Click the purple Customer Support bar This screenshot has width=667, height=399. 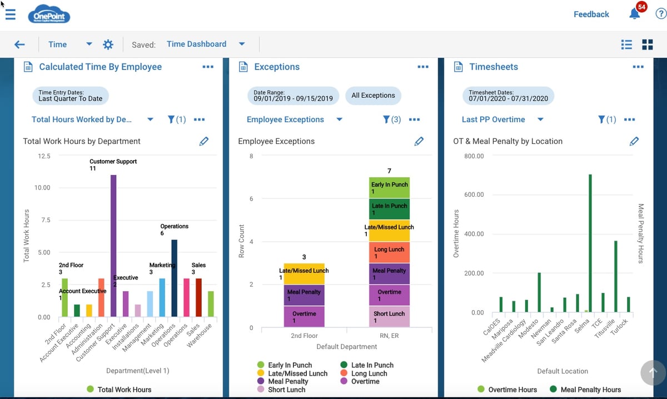pos(113,245)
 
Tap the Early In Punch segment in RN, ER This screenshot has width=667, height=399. pos(389,188)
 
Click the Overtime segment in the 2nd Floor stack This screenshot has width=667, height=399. pos(304,317)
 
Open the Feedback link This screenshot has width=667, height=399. pos(591,14)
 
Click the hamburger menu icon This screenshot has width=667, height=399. pos(10,14)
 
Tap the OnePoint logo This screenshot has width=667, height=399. pos(49,14)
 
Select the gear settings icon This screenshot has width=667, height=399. pos(108,44)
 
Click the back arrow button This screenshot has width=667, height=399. pos(19,44)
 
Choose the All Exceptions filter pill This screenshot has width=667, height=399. pos(373,96)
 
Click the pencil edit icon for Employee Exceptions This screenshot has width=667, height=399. pos(419,141)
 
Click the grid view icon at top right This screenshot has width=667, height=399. pos(647,44)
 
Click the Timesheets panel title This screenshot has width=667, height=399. pos(493,67)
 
